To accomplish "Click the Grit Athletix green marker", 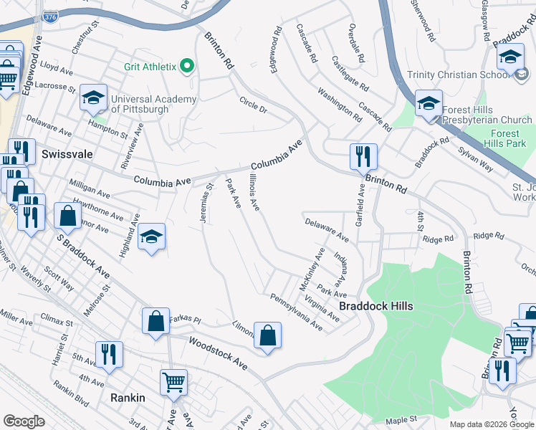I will pos(188,67).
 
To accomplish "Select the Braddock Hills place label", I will pos(375,306).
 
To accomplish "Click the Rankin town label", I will pos(128,398).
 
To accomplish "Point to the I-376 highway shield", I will pos(50,18).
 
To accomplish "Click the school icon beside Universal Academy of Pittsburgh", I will pos(93,99).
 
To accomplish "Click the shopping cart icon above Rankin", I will pos(174,382).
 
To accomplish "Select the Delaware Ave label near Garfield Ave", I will pos(326,229).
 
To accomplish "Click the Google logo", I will pos(24,421).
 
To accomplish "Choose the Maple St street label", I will pos(402,419).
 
